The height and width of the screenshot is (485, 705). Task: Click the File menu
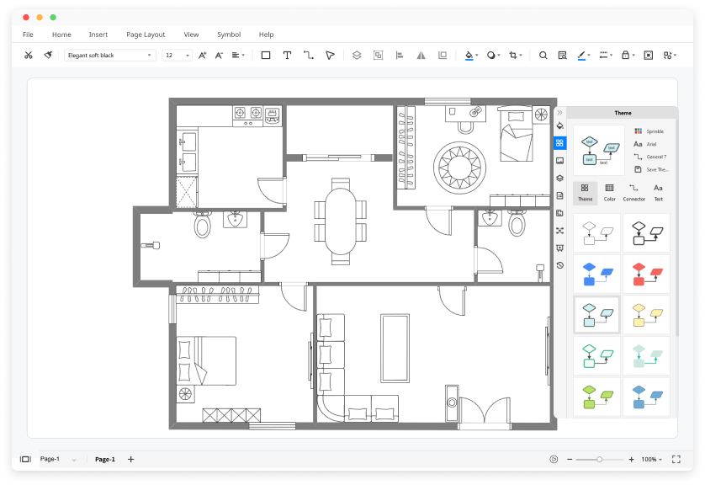(28, 35)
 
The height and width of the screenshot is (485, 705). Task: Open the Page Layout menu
(146, 35)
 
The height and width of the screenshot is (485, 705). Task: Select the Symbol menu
(228, 35)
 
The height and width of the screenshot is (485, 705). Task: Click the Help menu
(266, 35)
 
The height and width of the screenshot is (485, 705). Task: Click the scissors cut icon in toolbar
(28, 55)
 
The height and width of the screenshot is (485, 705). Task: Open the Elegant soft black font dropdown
(110, 55)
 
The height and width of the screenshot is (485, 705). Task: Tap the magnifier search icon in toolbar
(543, 55)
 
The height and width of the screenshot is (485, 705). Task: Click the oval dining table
(341, 221)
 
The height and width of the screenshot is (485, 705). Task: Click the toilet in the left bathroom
(202, 225)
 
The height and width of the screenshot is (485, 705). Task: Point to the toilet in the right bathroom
(517, 224)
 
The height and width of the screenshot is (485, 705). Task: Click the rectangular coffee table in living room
(395, 346)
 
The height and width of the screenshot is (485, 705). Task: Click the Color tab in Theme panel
(609, 192)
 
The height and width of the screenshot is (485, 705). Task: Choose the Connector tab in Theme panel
(633, 192)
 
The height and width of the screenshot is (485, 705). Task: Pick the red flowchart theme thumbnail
(646, 273)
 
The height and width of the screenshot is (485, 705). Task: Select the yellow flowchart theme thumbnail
(646, 314)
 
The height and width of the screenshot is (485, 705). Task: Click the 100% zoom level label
(649, 459)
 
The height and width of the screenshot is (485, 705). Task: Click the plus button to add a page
(130, 459)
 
